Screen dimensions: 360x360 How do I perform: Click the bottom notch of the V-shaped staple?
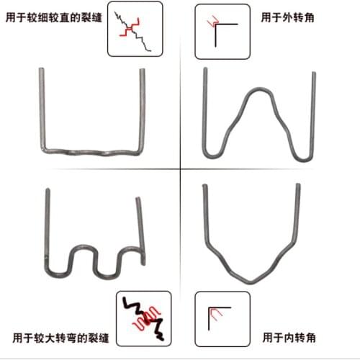251,279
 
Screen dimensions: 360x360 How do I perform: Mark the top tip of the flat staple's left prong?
42,71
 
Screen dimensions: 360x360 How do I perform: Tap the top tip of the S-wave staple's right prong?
137,199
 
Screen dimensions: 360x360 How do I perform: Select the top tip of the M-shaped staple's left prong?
206,71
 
